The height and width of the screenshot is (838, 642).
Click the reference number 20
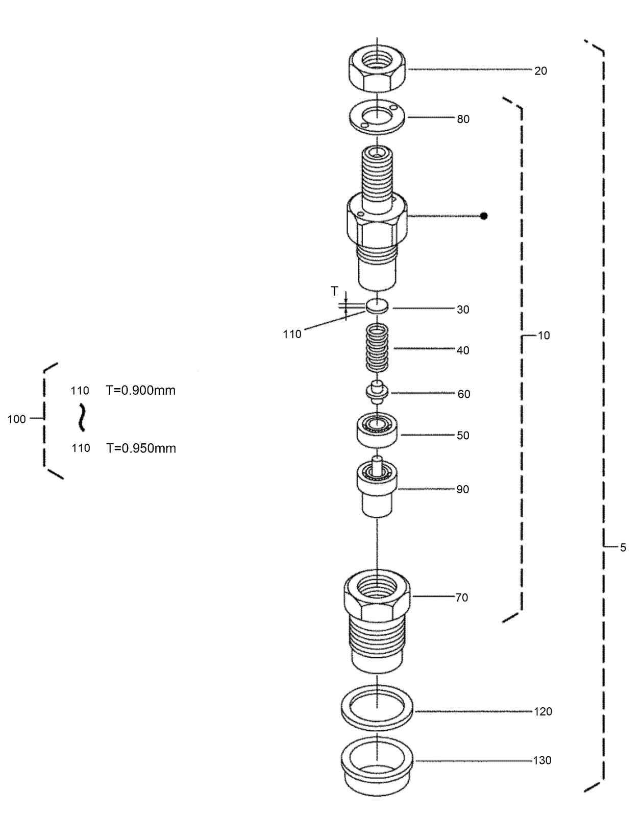540,71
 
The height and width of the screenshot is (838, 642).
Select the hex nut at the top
377,70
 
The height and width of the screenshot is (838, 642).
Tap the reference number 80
463,119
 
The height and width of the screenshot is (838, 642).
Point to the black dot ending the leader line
484,216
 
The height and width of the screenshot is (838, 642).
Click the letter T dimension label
334,291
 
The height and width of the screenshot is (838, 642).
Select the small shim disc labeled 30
377,307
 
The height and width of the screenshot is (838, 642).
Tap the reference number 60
463,394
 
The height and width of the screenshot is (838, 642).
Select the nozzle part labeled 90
377,487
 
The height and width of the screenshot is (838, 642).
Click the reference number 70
461,597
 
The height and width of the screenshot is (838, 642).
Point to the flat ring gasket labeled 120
377,709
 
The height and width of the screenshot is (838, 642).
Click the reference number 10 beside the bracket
544,336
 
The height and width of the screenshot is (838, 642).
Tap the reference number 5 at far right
623,547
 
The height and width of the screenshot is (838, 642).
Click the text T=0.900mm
141,391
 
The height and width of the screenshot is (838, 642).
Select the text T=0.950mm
141,448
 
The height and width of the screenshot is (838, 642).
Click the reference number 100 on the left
16,419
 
